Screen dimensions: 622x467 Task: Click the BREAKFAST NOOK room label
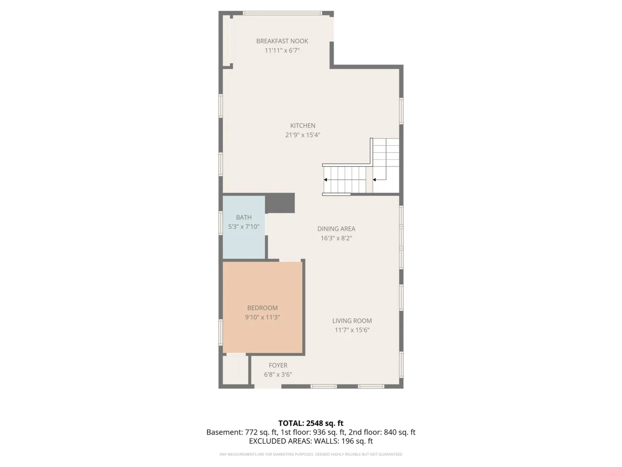click(x=282, y=41)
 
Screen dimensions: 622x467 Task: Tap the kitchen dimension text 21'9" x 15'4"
click(x=303, y=135)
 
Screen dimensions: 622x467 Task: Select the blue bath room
click(x=244, y=227)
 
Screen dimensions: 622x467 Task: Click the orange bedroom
click(x=262, y=307)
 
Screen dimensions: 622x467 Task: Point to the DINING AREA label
click(x=336, y=229)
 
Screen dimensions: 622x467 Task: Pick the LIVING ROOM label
click(x=352, y=321)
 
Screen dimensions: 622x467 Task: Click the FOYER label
click(x=278, y=365)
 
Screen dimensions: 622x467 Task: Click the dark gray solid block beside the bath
click(x=280, y=203)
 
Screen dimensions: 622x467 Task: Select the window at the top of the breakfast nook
click(x=282, y=13)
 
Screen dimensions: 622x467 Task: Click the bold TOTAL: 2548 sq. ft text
click(x=311, y=423)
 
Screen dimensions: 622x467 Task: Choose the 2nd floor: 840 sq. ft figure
click(x=382, y=432)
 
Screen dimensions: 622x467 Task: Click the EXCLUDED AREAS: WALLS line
click(x=311, y=441)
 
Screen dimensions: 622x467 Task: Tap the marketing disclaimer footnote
click(x=311, y=454)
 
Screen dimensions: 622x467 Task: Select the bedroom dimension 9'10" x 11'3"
click(x=262, y=317)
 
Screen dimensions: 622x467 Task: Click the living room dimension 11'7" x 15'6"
click(x=352, y=330)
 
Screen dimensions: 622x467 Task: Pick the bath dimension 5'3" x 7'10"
click(x=244, y=227)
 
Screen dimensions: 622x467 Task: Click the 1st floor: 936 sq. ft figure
click(x=313, y=432)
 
